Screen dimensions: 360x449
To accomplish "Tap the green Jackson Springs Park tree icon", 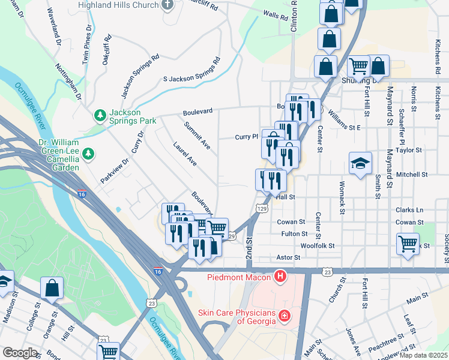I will click(x=99, y=114).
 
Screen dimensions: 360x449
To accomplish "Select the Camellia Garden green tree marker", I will click(x=88, y=154).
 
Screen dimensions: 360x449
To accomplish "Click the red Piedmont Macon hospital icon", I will click(x=280, y=277).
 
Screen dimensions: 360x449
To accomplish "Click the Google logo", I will click(x=19, y=353).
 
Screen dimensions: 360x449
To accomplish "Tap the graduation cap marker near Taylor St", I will click(x=360, y=163).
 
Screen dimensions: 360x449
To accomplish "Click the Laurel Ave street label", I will click(x=184, y=154).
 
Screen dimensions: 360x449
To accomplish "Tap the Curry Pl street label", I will click(x=246, y=137).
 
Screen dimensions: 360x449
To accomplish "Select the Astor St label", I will click(x=288, y=257).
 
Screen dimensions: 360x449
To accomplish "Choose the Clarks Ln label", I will click(x=410, y=210).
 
